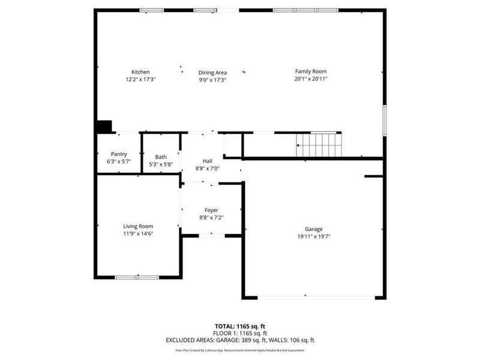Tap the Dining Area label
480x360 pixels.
[212, 73]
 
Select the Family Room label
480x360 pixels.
[310, 71]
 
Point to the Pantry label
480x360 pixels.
[119, 154]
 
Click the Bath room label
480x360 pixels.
[161, 157]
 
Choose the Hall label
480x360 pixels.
[208, 161]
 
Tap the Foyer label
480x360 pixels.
[211, 210]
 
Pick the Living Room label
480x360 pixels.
[138, 226]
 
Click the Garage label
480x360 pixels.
[314, 229]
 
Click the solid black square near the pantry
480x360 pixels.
[104, 127]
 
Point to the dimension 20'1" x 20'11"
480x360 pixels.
[310, 79]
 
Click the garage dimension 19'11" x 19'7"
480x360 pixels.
[314, 236]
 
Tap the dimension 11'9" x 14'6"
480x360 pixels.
[138, 233]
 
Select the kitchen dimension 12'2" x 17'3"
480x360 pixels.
[140, 79]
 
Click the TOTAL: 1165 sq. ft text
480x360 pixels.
[240, 326]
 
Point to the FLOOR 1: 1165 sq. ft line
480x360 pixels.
[240, 333]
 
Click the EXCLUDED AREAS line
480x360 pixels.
[240, 340]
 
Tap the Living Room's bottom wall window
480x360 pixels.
[137, 277]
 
